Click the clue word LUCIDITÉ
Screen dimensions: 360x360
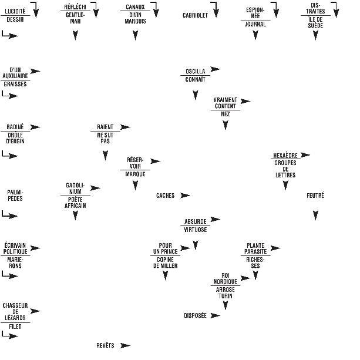[15, 11]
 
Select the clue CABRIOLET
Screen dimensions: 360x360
[195, 15]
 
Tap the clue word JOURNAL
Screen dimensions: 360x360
[255, 25]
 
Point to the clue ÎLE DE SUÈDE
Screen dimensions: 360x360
[315, 22]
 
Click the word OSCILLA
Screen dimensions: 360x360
[195, 72]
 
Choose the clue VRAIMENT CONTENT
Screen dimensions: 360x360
[225, 103]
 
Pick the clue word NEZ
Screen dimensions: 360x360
[225, 114]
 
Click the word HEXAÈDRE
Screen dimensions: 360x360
[285, 156]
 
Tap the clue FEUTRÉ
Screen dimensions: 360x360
[315, 196]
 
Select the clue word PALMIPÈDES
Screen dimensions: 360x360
[15, 195]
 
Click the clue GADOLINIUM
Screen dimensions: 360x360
[75, 189]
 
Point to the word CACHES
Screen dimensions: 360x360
[166, 196]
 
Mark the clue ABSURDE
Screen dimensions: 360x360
[195, 221]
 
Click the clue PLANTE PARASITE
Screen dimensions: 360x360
[255, 248]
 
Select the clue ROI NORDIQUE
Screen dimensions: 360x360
[225, 278]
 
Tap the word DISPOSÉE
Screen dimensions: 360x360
[195, 315]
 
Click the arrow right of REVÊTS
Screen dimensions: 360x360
[125, 345]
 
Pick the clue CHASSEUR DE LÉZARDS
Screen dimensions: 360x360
[15, 311]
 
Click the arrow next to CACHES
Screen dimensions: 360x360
[185, 196]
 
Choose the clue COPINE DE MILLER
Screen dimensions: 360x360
[165, 263]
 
